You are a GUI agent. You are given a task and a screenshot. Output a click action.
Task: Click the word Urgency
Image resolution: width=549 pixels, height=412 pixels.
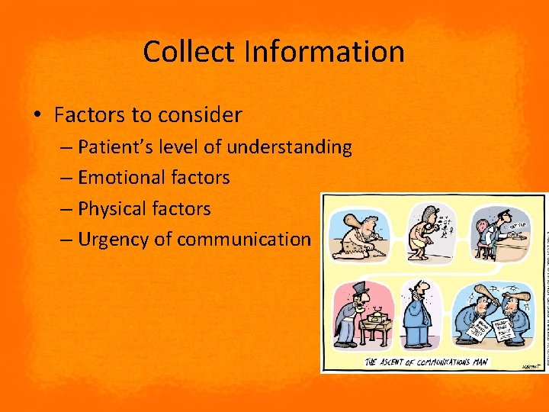tap(114, 240)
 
